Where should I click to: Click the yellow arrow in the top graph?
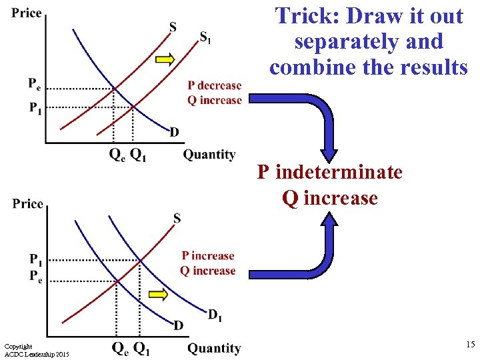click(x=165, y=60)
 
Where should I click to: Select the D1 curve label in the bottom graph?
click(x=215, y=315)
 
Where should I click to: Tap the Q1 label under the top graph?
click(x=138, y=155)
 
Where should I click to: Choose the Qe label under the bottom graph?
click(x=119, y=348)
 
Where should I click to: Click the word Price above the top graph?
click(x=27, y=13)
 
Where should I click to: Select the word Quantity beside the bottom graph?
click(x=214, y=348)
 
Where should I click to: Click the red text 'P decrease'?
click(x=214, y=85)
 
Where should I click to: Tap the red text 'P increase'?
click(x=208, y=256)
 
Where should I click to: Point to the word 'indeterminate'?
click(x=339, y=173)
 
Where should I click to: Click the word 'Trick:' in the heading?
click(x=306, y=16)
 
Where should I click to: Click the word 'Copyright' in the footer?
click(x=18, y=347)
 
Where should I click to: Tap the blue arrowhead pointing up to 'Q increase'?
click(x=331, y=221)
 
